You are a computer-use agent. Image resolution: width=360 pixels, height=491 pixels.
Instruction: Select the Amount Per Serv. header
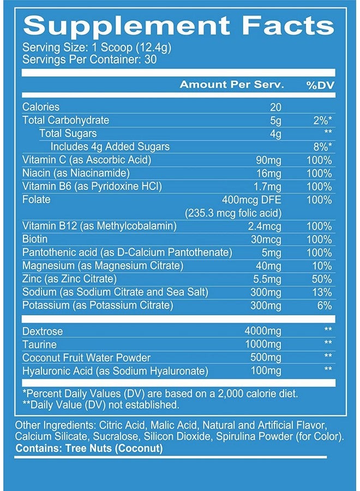pyautogui.click(x=232, y=85)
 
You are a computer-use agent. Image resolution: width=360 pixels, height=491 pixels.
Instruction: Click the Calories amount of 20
pyautogui.click(x=275, y=107)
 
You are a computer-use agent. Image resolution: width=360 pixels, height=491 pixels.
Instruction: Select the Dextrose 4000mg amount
pyautogui.click(x=263, y=332)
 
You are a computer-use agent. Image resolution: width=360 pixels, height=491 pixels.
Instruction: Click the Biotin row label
pyautogui.click(x=35, y=239)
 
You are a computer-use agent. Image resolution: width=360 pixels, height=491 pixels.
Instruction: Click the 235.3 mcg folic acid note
pyautogui.click(x=233, y=213)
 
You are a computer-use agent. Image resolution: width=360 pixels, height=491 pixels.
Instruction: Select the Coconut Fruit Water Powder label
pyautogui.click(x=86, y=358)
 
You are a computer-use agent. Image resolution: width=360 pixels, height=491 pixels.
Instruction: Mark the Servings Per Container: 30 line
pyautogui.click(x=89, y=59)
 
